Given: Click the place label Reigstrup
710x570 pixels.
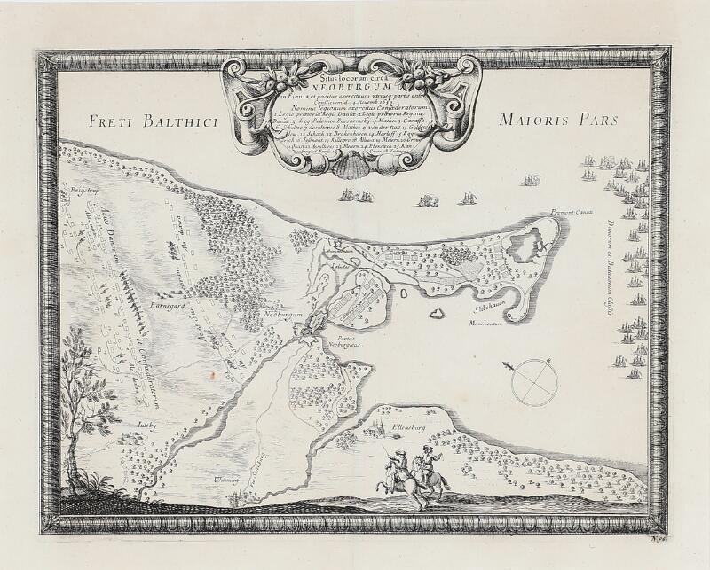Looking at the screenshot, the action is pyautogui.click(x=83, y=190).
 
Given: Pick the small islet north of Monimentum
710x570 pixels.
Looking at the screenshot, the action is pyautogui.click(x=435, y=312).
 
